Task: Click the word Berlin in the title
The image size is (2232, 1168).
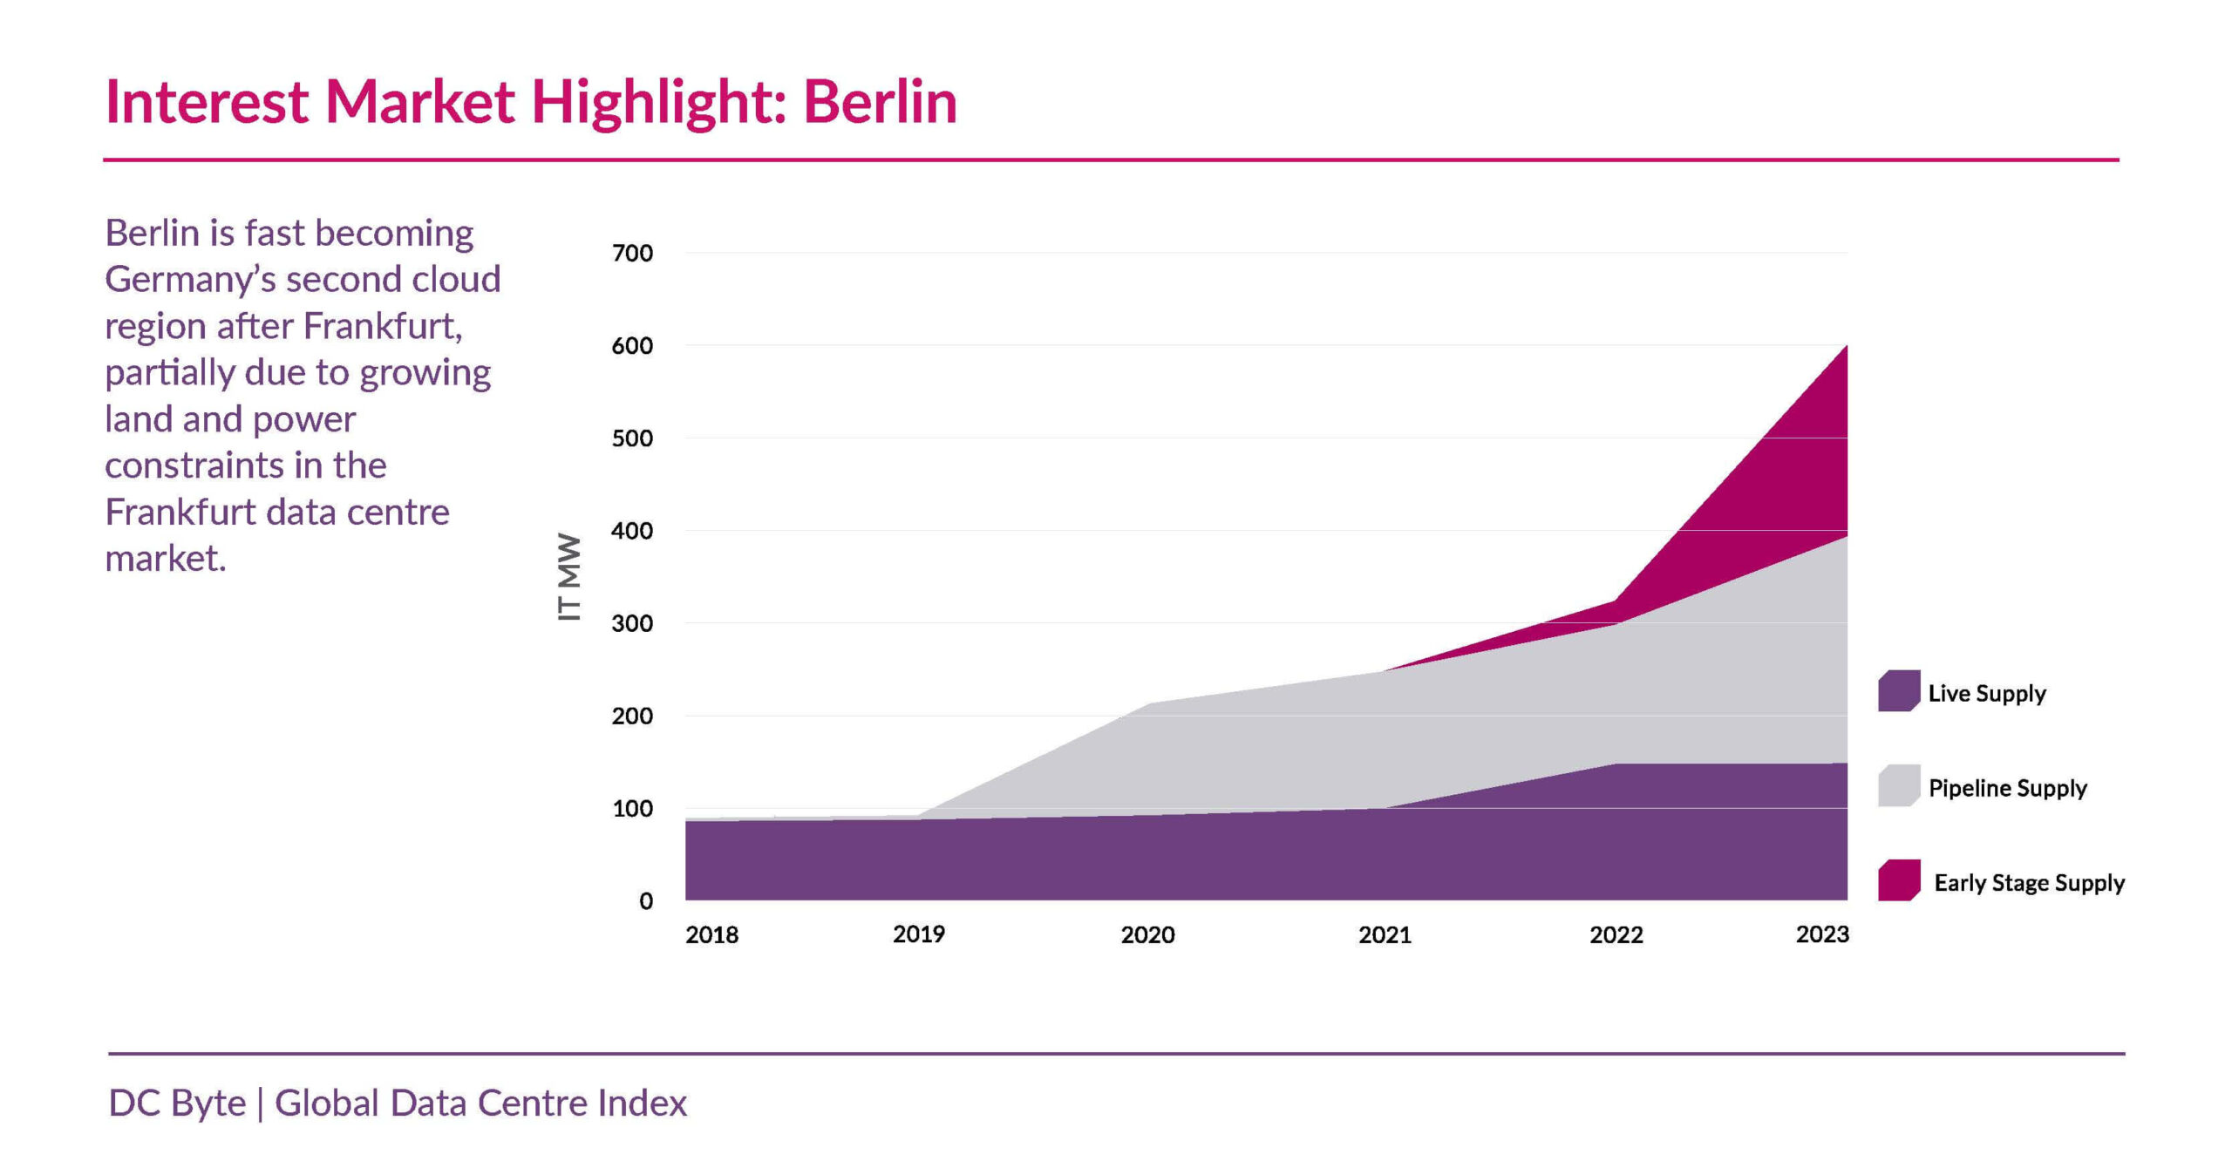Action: pos(880,102)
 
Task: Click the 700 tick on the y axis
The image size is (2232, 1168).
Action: pos(632,254)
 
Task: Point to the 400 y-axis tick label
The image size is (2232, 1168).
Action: pos(632,531)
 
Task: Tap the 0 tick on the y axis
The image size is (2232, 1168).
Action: pos(646,901)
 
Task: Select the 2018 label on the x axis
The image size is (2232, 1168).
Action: pos(711,935)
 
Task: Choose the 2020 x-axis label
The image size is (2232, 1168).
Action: pos(1147,935)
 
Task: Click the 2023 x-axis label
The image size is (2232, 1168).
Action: pos(1822,934)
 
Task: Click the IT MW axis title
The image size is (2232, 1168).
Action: pos(568,577)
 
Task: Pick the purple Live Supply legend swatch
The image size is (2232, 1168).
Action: pos(1898,691)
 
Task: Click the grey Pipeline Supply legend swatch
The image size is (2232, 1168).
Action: pos(1898,786)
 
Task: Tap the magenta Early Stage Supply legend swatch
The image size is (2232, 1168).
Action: pos(1898,880)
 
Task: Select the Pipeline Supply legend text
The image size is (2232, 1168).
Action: pos(2007,788)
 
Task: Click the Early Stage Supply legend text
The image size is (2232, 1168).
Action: pos(2029,883)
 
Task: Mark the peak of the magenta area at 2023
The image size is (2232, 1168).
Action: pos(1846,347)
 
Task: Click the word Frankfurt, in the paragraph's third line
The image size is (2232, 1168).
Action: pos(383,327)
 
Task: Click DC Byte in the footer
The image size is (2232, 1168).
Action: pos(177,1103)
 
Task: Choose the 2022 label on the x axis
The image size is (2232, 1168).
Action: pos(1616,935)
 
